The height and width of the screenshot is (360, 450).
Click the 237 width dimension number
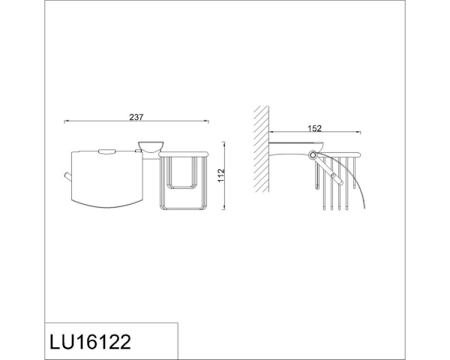coord(136,116)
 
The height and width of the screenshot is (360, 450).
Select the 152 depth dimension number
coord(314,128)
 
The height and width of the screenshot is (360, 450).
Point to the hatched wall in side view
coord(260,151)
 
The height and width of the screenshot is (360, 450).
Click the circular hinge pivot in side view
coord(311,155)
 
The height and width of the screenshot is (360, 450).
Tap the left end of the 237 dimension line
coord(65,121)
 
